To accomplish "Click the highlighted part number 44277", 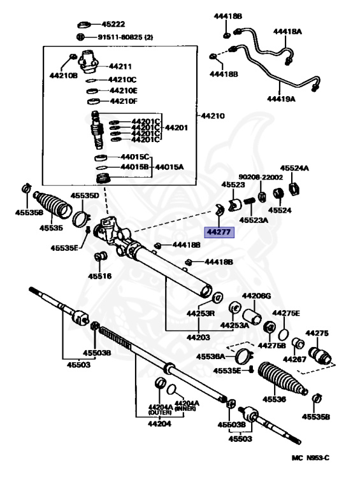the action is click(x=219, y=232).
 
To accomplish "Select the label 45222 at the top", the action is click(x=113, y=24).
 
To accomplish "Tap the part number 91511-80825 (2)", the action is click(x=126, y=37).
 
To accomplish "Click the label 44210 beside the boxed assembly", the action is click(x=212, y=116).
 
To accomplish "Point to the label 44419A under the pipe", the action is click(x=281, y=99).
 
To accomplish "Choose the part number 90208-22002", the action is click(x=261, y=177).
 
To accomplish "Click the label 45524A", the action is click(x=294, y=168).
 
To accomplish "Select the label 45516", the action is click(x=100, y=276).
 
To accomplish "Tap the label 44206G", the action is click(x=256, y=295).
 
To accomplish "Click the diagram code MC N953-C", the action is click(x=310, y=458).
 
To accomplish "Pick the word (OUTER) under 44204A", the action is click(x=160, y=413).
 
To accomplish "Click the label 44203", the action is click(x=198, y=337).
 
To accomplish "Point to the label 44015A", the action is click(x=169, y=167).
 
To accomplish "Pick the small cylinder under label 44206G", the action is click(x=252, y=316).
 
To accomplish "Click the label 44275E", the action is click(x=286, y=313).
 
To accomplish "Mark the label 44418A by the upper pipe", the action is click(x=287, y=31).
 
